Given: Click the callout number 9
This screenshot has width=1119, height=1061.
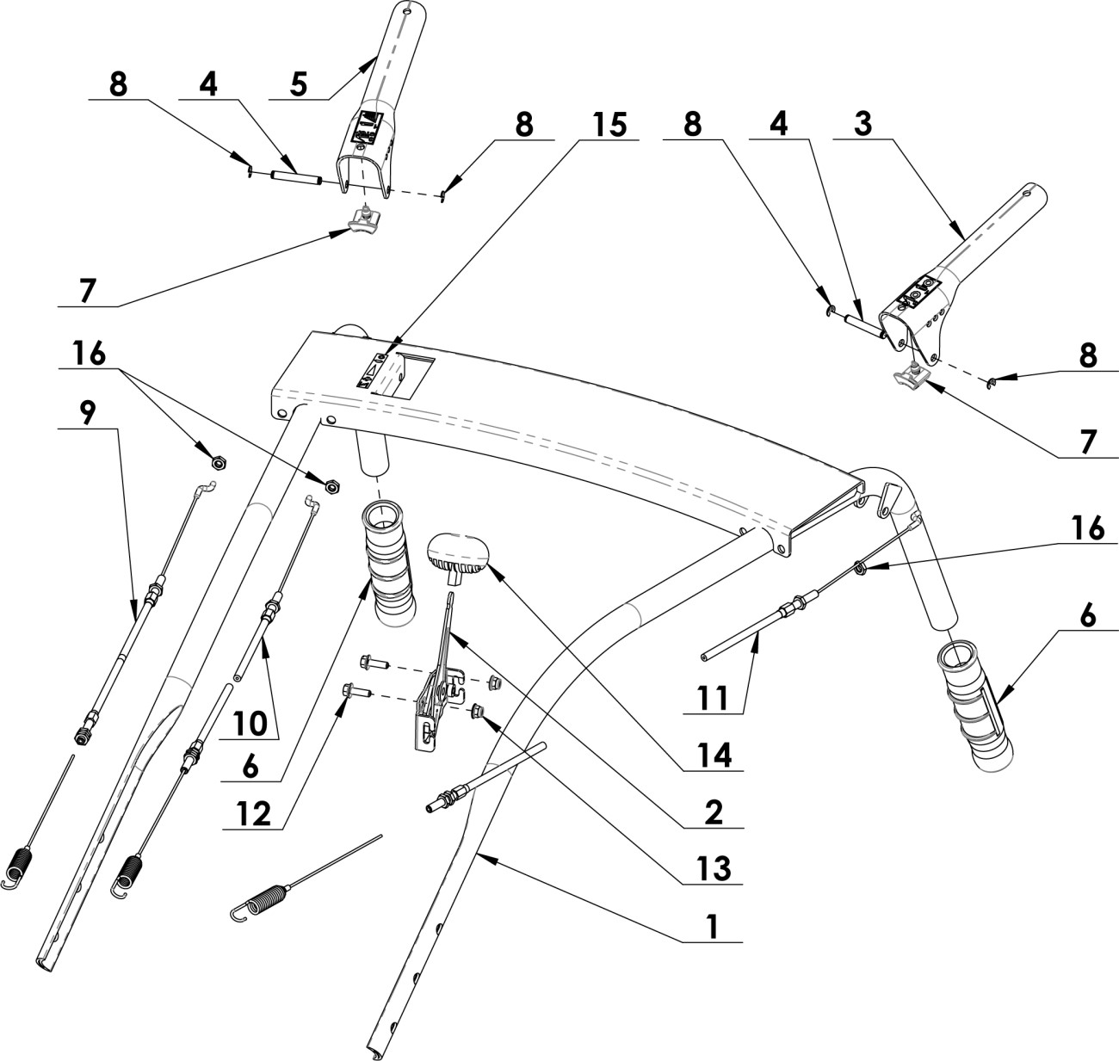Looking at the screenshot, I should pos(89,411).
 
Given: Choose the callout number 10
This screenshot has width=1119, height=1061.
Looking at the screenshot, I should pos(249,723).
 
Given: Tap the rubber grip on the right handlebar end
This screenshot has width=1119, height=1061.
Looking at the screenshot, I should pos(978,701).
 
